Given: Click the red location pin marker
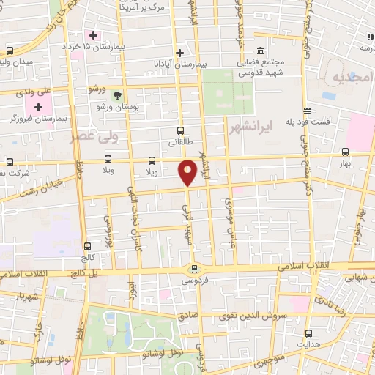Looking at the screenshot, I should coord(187,172).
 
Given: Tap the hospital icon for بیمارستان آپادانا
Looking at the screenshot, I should coord(179,53).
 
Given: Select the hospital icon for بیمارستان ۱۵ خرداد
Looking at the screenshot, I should coord(92,35).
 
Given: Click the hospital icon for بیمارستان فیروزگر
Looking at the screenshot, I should coord(38,107).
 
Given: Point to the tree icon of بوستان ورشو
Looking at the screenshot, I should coord(117,94).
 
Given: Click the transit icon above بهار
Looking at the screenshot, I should coord(346,152).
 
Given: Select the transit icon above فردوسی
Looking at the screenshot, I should coord(193,268).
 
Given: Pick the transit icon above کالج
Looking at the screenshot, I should coord(88,246).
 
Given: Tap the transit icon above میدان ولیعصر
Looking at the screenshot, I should coord(10,51).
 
